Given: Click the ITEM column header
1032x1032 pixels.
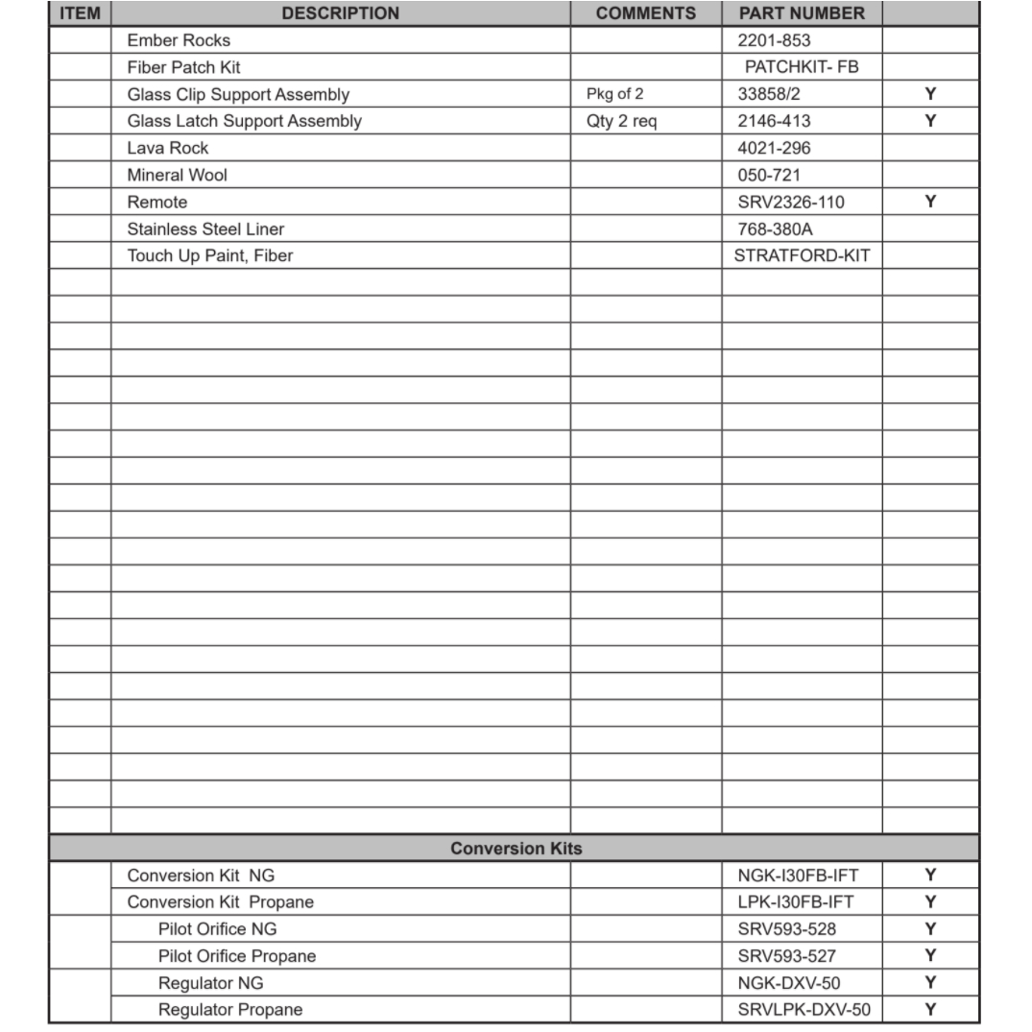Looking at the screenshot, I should pyautogui.click(x=80, y=13).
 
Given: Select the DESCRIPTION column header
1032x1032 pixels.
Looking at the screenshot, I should pyautogui.click(x=340, y=13).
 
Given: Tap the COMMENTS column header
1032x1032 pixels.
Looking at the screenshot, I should pyautogui.click(x=645, y=13).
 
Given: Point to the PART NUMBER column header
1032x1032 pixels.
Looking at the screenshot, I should pyautogui.click(x=802, y=13).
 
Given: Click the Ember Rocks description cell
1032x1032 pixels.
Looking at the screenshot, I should pyautogui.click(x=179, y=40).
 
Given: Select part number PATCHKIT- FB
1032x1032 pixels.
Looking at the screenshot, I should pyautogui.click(x=802, y=67).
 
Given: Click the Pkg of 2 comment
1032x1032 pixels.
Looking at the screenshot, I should pyautogui.click(x=615, y=94).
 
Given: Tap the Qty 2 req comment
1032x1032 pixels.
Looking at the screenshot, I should pyautogui.click(x=621, y=121).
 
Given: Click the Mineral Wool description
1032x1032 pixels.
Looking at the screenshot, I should pyautogui.click(x=177, y=175).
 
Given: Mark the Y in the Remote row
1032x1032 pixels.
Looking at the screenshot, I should pyautogui.click(x=930, y=202).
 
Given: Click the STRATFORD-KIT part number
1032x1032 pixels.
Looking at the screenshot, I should pyautogui.click(x=802, y=255).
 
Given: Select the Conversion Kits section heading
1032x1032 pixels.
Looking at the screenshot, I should pyautogui.click(x=516, y=849).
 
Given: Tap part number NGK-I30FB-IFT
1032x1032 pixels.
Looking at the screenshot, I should pyautogui.click(x=798, y=876).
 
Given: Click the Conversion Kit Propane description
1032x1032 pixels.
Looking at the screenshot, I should pyautogui.click(x=220, y=902).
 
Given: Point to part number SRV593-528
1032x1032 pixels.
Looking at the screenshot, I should pyautogui.click(x=786, y=929).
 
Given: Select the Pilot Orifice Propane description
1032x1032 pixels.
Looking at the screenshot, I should pyautogui.click(x=236, y=956).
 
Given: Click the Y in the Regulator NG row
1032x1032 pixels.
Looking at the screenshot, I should pyautogui.click(x=930, y=983).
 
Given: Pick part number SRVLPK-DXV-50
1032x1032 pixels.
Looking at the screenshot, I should pyautogui.click(x=804, y=1010).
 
